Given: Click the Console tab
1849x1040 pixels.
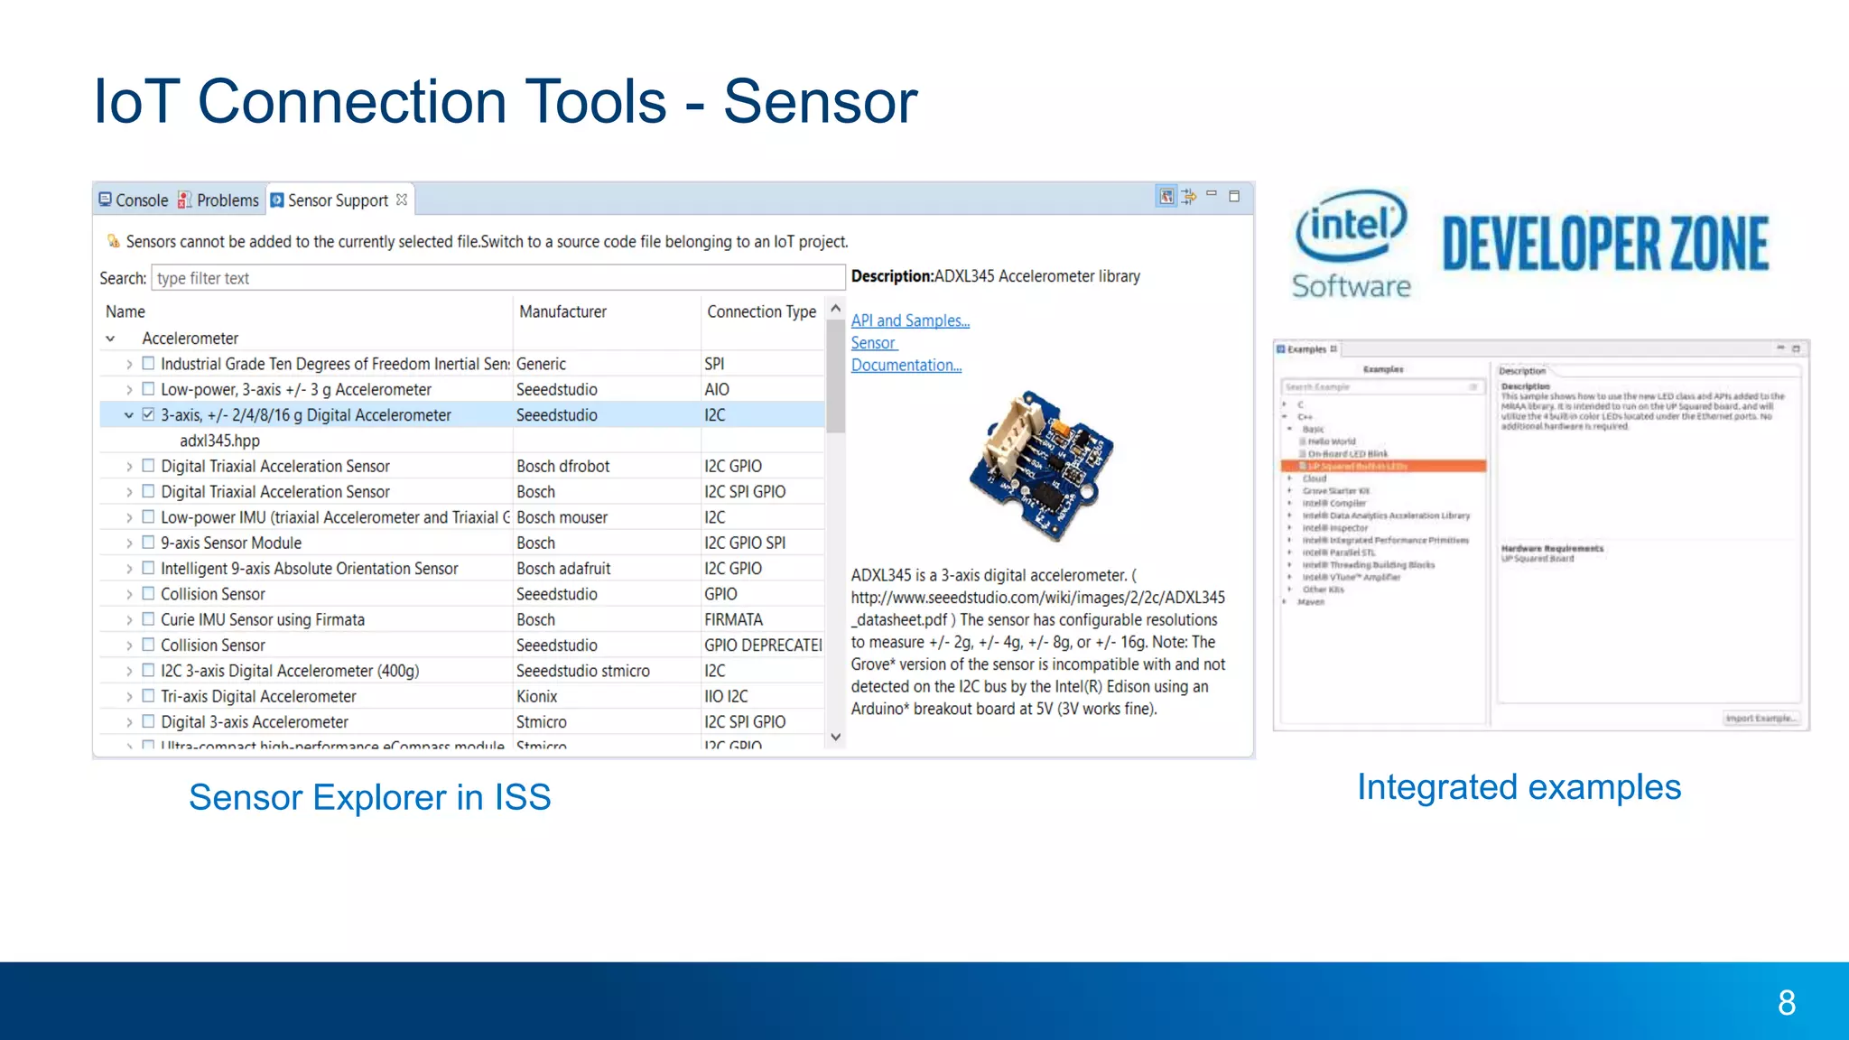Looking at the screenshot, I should (x=134, y=200).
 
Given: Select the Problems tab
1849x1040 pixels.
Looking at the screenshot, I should (x=218, y=200).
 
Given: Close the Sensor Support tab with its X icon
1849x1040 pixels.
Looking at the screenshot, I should (x=402, y=200).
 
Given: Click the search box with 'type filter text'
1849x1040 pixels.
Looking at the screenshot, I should (x=497, y=278).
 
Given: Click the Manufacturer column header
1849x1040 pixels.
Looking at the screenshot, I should (x=562, y=311).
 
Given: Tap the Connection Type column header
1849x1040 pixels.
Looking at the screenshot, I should (x=761, y=311).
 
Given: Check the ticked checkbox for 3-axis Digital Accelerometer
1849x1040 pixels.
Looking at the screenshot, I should (x=148, y=415).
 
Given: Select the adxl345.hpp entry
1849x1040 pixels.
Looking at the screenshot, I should (x=219, y=441).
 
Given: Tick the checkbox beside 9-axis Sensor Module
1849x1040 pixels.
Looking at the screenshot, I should (x=148, y=543).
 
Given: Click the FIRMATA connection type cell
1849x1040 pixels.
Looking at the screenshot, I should (x=733, y=619).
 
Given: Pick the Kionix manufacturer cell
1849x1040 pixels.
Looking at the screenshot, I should (x=536, y=696).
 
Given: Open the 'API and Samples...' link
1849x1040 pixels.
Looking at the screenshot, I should (x=910, y=320).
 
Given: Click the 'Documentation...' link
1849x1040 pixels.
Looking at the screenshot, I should (x=906, y=365).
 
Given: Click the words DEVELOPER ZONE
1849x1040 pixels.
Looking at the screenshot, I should (x=1604, y=244).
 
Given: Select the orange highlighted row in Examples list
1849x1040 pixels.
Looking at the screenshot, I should (x=1383, y=466).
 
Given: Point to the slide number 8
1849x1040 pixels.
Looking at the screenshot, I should (x=1786, y=1002).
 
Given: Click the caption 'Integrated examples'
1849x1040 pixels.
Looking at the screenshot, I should (x=1519, y=787).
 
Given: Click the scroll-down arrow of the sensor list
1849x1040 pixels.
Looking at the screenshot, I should (x=836, y=737).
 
